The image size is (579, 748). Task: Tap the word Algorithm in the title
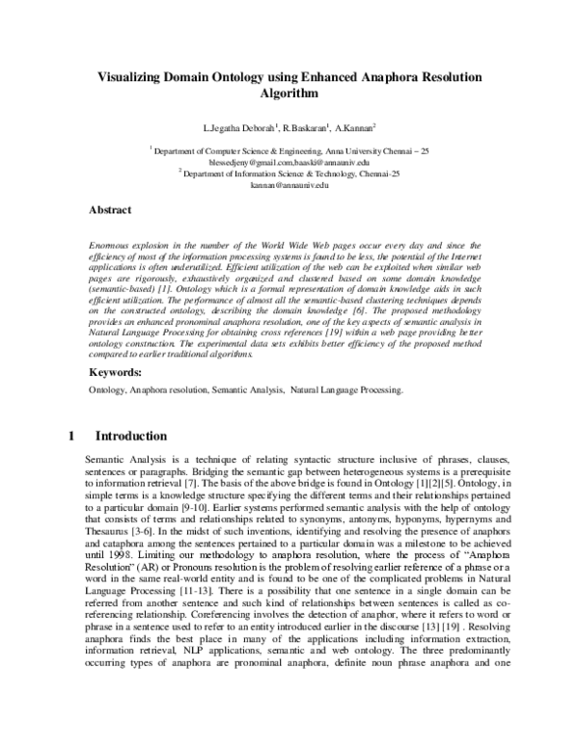pos(289,93)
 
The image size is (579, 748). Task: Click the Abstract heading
pos(110,209)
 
